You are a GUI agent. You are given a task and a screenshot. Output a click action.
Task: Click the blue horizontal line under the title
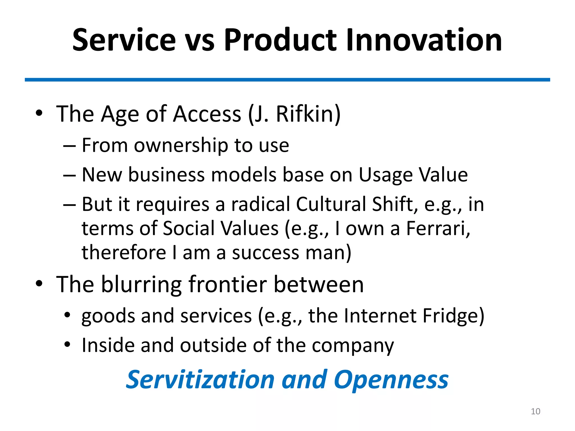(x=287, y=80)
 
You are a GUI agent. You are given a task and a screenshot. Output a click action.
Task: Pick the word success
(x=266, y=253)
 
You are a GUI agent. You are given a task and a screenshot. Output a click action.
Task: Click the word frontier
(x=227, y=285)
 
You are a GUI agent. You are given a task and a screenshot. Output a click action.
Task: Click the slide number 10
(x=535, y=411)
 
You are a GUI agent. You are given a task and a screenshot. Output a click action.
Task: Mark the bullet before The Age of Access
(x=39, y=113)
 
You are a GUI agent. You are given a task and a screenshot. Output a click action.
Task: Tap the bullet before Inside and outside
(x=67, y=344)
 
